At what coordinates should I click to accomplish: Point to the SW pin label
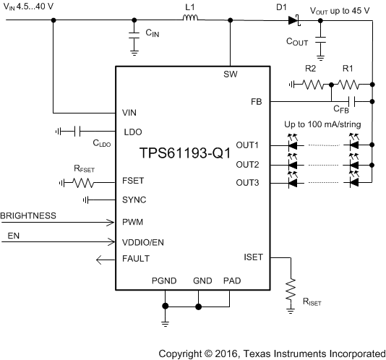coord(230,75)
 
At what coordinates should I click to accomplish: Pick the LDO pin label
coord(133,132)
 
